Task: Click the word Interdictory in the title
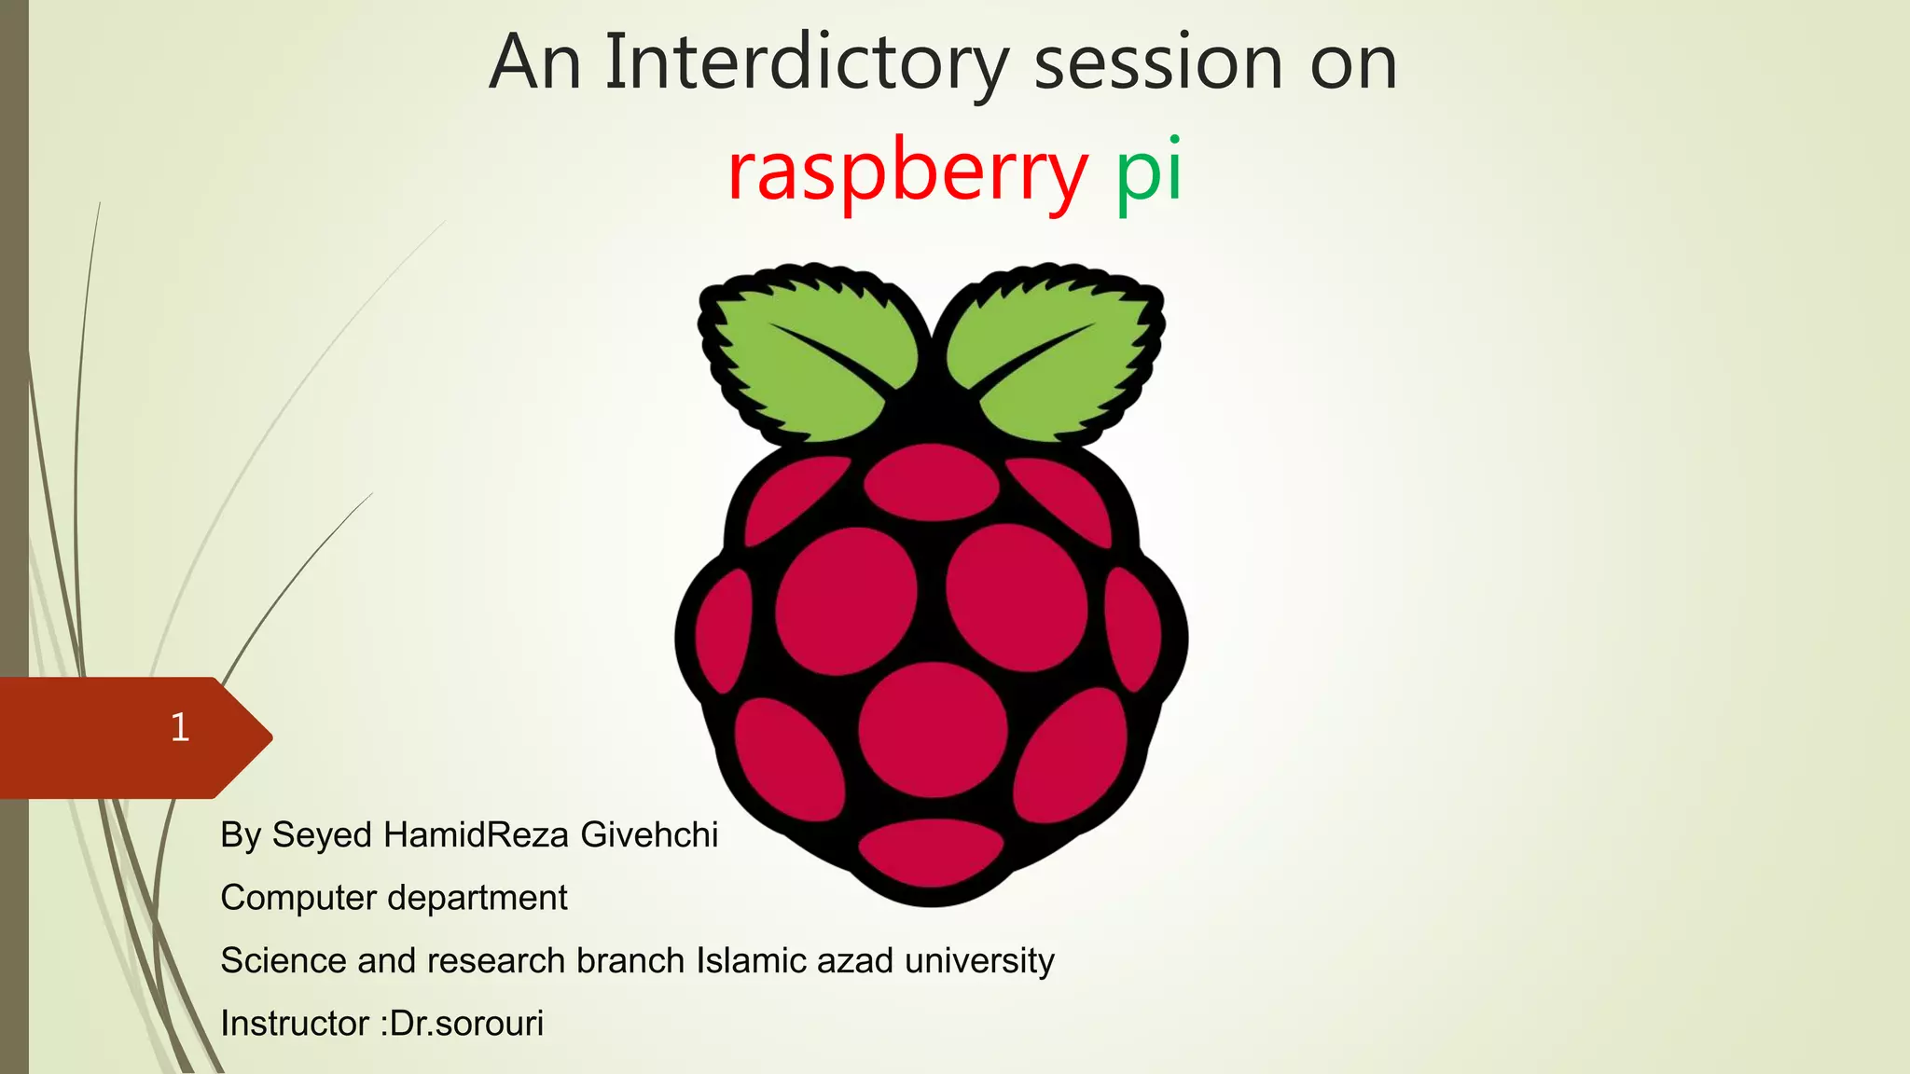pos(807,63)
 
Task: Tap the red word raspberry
pos(907,172)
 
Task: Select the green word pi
pos(1149,172)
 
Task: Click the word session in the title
pos(1158,63)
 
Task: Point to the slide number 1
pos(180,727)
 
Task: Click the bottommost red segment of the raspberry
pos(931,852)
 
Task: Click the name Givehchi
pos(649,834)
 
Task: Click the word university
pos(979,960)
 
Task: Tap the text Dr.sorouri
pos(466,1024)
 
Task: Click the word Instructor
pos(295,1024)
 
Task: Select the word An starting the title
pos(534,63)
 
